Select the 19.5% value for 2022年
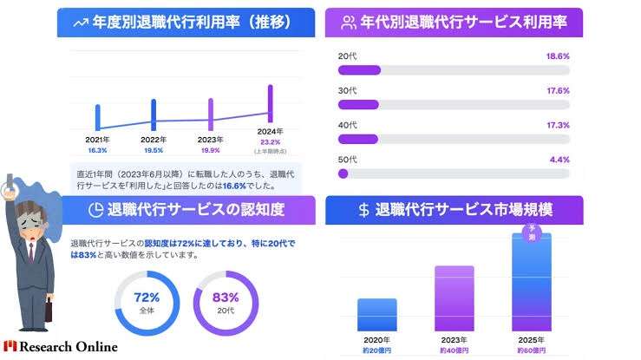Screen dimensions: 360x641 (154, 150)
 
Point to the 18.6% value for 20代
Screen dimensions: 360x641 (558, 56)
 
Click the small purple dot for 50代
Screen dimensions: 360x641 (343, 173)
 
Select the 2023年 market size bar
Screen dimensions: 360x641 (454, 298)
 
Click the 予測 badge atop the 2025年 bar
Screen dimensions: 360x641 (531, 231)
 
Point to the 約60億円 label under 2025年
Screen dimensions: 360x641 (531, 350)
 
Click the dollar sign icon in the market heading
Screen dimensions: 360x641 (364, 211)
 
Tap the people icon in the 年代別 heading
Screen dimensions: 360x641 (350, 22)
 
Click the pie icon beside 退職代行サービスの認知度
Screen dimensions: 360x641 (95, 210)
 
